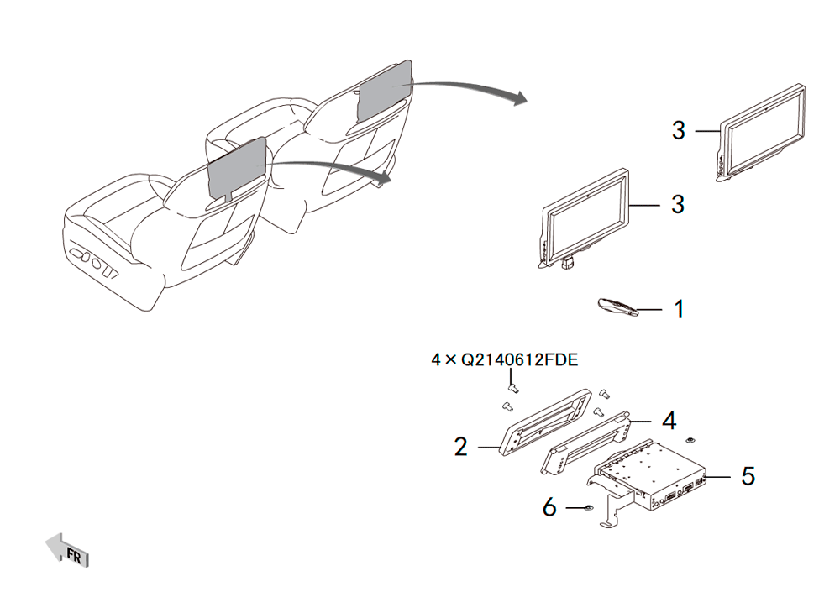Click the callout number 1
680,310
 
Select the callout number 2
460,447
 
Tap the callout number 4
669,421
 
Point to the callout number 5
748,476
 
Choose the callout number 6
549,507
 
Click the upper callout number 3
679,131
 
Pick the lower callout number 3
678,205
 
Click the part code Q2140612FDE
520,359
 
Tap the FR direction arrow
67,550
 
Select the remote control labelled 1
617,306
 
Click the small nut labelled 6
588,507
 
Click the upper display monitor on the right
761,132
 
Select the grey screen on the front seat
237,167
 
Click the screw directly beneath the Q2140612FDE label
513,387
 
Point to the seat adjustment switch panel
94,261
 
